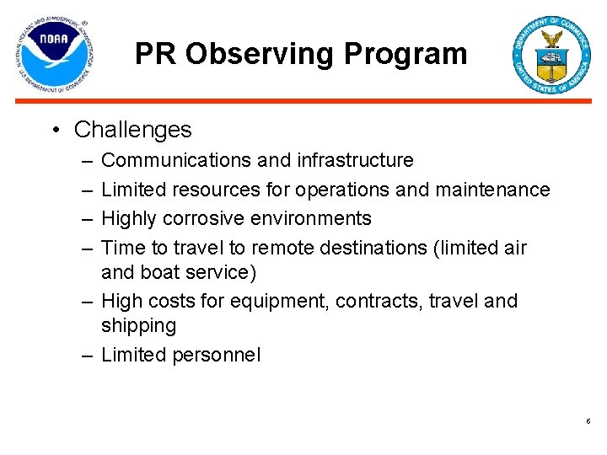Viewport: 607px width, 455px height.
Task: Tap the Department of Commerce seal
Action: pos(552,55)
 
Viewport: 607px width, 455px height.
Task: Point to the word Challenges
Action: pos(132,130)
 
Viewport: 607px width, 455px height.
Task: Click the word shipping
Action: pos(138,326)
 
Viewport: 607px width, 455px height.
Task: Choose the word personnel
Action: pos(217,355)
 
